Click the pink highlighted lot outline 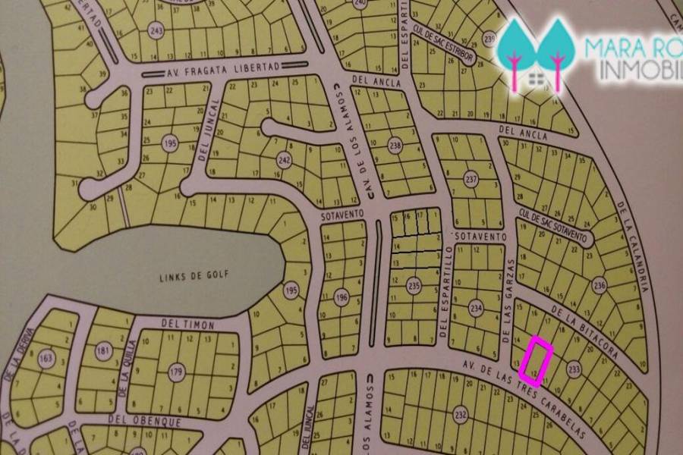[x=537, y=357]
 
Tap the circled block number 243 [x=156, y=31]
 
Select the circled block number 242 [x=284, y=160]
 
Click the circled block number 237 [x=472, y=180]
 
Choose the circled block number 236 [x=600, y=286]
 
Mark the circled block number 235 [x=414, y=286]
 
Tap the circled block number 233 [x=574, y=369]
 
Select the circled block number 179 [x=177, y=372]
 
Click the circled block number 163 [x=48, y=359]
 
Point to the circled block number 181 [x=103, y=350]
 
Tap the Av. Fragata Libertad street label [x=223, y=71]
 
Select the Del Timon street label [x=188, y=325]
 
